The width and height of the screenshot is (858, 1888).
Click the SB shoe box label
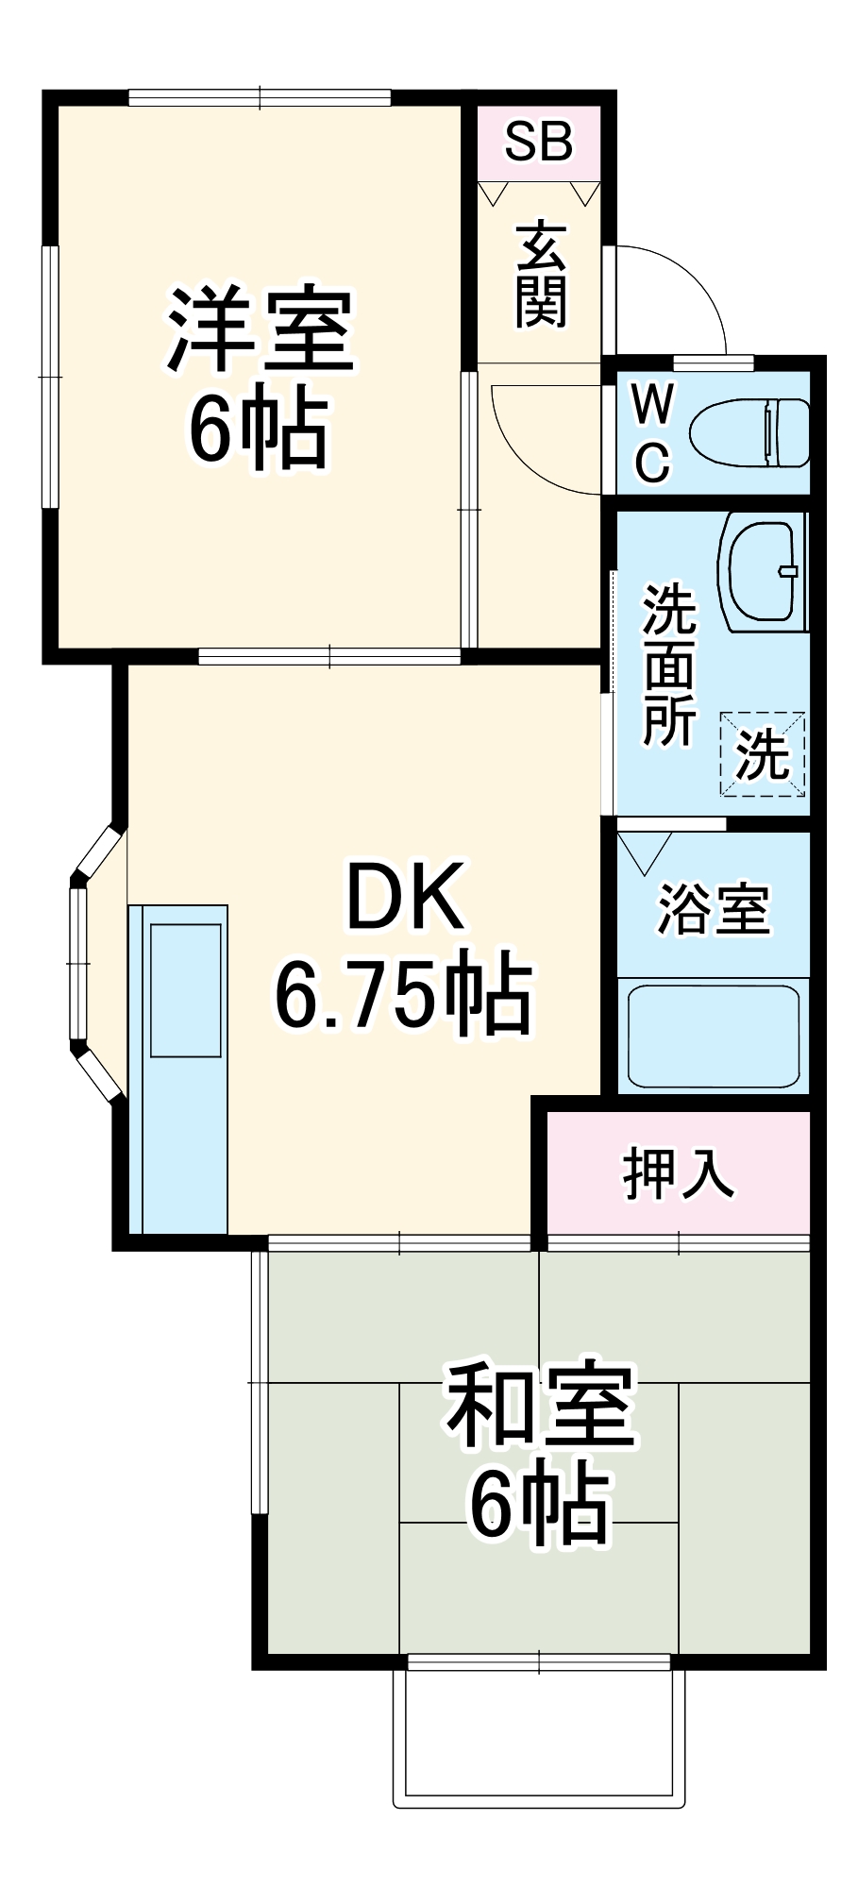tap(538, 142)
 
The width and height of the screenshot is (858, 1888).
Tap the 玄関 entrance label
tap(541, 275)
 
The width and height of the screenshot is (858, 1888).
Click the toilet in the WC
tap(750, 433)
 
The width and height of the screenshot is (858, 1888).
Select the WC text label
tap(652, 433)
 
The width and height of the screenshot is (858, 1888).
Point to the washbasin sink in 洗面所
tap(760, 571)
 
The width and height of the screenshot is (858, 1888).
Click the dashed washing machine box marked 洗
tap(763, 754)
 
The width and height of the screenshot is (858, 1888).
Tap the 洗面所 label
tap(669, 665)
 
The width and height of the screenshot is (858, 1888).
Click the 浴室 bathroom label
tap(714, 909)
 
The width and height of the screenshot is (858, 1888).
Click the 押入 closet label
tap(678, 1173)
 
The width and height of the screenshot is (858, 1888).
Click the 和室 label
tap(541, 1406)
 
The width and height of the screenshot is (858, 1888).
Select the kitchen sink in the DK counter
tap(186, 990)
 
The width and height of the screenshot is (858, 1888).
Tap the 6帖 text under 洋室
tap(260, 430)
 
